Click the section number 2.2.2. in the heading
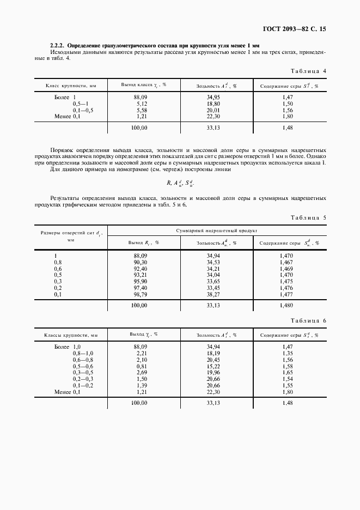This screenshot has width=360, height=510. pos(58,45)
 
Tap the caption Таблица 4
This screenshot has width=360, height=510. pos(308,71)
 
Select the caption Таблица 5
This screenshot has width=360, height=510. pos(308,217)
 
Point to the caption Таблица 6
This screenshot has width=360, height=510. pos(308,321)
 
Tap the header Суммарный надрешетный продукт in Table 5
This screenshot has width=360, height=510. pos(216,231)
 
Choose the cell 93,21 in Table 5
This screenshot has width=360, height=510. pos(139,275)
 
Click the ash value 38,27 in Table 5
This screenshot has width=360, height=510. pos(213,294)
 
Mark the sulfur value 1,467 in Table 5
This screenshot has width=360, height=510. pos(286,262)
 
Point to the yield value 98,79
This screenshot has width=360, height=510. pos(139,294)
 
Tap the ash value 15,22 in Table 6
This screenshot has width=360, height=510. pos(213,366)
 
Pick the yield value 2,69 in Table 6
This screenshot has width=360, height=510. pos(139,373)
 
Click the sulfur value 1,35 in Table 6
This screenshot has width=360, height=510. pos(288,353)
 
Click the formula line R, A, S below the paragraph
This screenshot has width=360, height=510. pos(180,184)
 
